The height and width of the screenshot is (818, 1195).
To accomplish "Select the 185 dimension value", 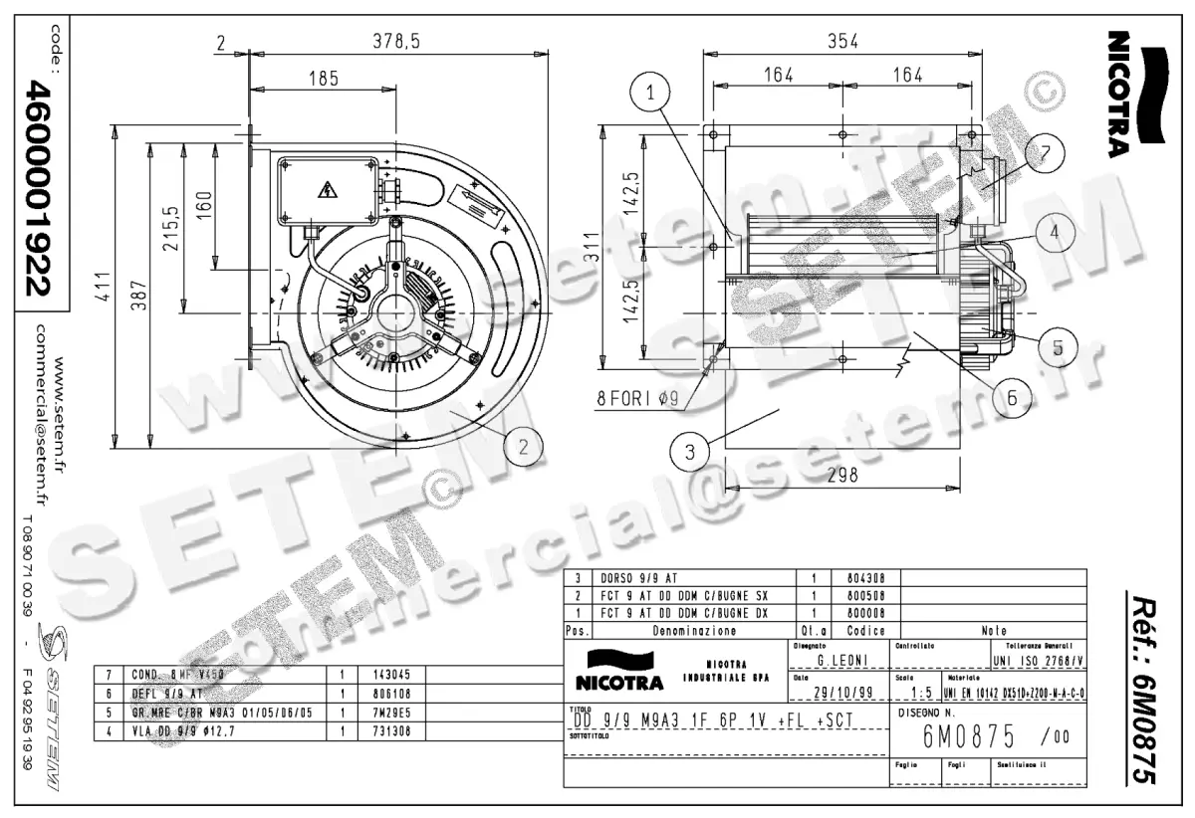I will point(323,78).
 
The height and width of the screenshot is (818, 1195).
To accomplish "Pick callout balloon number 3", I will point(687,451).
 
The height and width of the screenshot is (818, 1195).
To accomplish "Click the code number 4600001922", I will point(39,189).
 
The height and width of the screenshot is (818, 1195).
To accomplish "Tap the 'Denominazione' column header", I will point(694,631).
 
